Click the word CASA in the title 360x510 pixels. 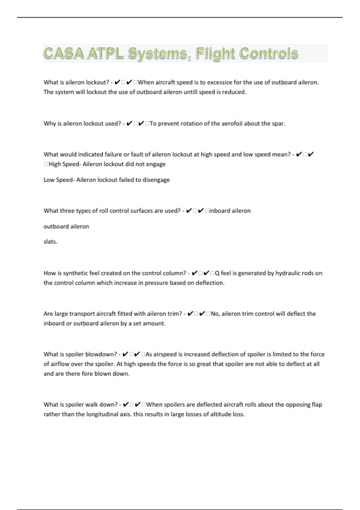64,53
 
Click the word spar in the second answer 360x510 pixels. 278,124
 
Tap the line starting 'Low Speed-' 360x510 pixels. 106,180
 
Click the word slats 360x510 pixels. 50,242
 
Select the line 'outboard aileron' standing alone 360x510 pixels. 66,226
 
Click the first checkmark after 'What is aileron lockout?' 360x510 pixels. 117,82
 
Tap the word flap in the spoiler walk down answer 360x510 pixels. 317,405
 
